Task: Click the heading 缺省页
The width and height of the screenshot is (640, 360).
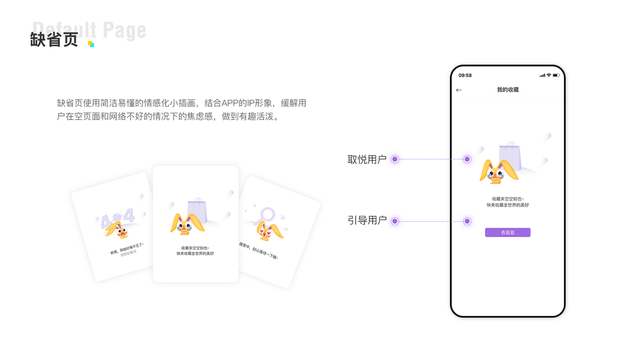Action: click(54, 40)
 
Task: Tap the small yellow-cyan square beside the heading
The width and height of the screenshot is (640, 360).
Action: click(91, 44)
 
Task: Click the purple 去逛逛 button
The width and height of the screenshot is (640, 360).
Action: click(507, 232)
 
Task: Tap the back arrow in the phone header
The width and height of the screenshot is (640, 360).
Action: click(459, 90)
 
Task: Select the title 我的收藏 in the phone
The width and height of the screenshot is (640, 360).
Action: click(507, 90)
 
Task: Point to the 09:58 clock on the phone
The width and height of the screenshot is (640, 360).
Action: click(465, 76)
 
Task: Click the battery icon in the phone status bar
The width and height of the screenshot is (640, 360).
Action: click(556, 76)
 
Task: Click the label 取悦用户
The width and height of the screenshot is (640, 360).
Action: click(367, 160)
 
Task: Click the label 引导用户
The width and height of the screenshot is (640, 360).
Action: click(367, 221)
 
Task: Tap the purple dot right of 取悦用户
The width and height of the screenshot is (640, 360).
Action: click(395, 160)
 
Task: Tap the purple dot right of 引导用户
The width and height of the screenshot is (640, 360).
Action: click(395, 221)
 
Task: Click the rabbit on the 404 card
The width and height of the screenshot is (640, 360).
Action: click(121, 229)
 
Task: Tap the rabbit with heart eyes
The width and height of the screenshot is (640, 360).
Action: click(268, 230)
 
